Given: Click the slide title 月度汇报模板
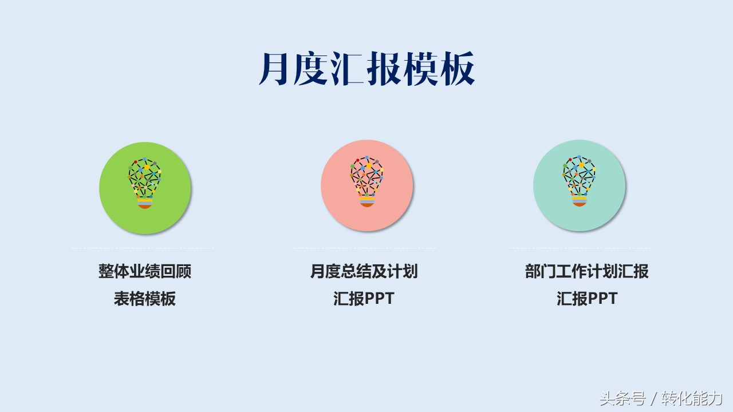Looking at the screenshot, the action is coord(367,68).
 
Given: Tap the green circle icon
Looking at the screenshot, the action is coord(145,188).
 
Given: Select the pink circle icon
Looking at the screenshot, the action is coord(367,186).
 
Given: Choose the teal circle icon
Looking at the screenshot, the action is coord(579,186).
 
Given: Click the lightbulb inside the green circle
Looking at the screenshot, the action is coord(145,183).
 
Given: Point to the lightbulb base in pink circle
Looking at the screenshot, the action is coord(367,201).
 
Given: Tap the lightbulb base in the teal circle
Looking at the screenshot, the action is coord(579,201).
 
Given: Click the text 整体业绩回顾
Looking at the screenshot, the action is coord(145,271).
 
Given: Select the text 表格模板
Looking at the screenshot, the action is coord(145,298).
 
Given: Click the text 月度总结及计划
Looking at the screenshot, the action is coord(364,271).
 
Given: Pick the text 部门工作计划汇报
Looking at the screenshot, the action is coord(587,271).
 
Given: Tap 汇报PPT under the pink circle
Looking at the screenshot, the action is coord(364,298).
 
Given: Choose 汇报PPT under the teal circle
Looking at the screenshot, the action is coord(587,298).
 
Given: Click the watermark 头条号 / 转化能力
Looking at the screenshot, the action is coord(661,398).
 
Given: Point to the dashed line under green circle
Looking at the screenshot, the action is coord(143,248).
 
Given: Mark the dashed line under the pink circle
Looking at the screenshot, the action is coord(365,248).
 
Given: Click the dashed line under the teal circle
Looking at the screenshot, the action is coord(580,248).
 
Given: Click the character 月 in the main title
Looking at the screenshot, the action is coord(274,68).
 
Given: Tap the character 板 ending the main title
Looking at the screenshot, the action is coord(458,68).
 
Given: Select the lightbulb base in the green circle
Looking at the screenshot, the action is coord(145,203).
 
